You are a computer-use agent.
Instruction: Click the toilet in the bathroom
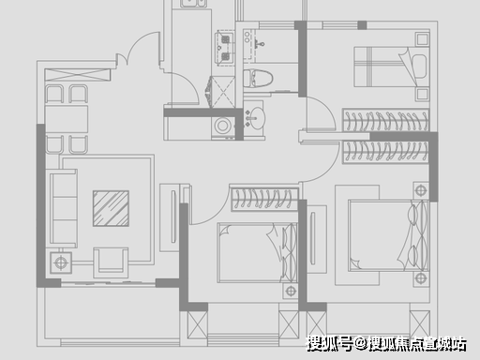[258, 79]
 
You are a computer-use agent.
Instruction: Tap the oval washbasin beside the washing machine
[258, 118]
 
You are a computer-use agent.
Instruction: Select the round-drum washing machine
[223, 126]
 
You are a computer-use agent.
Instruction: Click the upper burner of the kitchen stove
[225, 39]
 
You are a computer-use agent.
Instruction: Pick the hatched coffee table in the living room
[111, 208]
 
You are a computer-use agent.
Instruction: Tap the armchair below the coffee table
[111, 262]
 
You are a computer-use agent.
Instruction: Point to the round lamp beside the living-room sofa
[61, 262]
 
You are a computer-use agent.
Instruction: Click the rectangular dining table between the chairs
[67, 119]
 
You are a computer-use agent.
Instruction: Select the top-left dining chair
[54, 94]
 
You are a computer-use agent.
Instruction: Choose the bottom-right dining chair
[78, 144]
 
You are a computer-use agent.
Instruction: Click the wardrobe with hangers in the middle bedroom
[264, 199]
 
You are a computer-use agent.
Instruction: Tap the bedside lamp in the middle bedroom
[291, 291]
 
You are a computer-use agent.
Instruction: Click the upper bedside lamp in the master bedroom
[421, 190]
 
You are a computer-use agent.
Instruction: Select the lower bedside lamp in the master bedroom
[421, 277]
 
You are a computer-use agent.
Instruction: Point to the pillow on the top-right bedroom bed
[419, 67]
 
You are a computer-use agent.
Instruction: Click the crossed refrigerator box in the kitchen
[223, 92]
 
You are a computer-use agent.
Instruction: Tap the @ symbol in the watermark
[361, 344]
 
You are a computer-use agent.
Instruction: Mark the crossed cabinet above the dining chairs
[78, 75]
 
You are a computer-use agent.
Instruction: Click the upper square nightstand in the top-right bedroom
[422, 39]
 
